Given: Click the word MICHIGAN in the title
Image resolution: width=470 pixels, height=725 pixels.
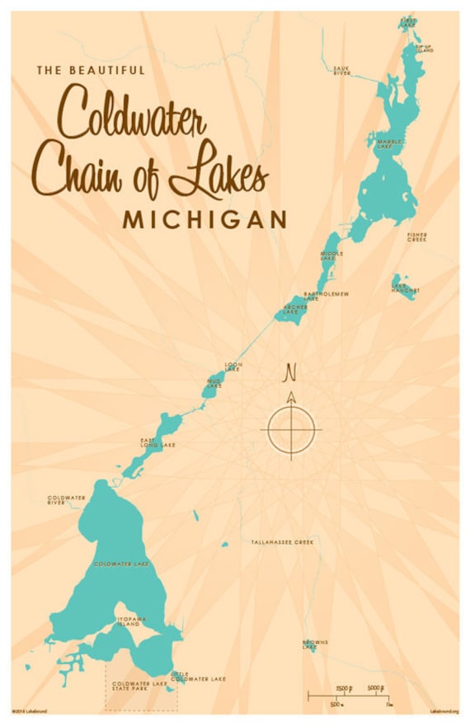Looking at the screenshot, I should click(204, 219).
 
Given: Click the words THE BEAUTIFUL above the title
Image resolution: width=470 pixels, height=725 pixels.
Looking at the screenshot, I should click(91, 71).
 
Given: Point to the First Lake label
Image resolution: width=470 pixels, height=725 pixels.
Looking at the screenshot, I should click(408, 21).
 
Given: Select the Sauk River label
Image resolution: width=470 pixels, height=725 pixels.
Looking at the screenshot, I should click(341, 70).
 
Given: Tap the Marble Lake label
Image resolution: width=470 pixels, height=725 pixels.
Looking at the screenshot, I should click(389, 144).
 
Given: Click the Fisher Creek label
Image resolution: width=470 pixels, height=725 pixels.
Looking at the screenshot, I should click(416, 236).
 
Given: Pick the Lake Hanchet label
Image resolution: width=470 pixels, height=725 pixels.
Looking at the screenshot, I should click(405, 288).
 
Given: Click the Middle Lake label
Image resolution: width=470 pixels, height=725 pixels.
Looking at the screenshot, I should click(331, 256).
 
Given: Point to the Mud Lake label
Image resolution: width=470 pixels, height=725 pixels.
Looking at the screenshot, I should click(214, 383).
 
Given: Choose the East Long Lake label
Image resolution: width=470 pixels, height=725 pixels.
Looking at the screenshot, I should click(157, 443).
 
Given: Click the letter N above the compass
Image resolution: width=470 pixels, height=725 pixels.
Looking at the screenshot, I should click(290, 373).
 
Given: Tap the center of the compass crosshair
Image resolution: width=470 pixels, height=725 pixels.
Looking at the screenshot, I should click(291, 428).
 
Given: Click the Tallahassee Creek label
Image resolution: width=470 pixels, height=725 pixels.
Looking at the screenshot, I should click(284, 542).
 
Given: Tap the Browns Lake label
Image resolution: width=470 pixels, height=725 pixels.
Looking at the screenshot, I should click(315, 644).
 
